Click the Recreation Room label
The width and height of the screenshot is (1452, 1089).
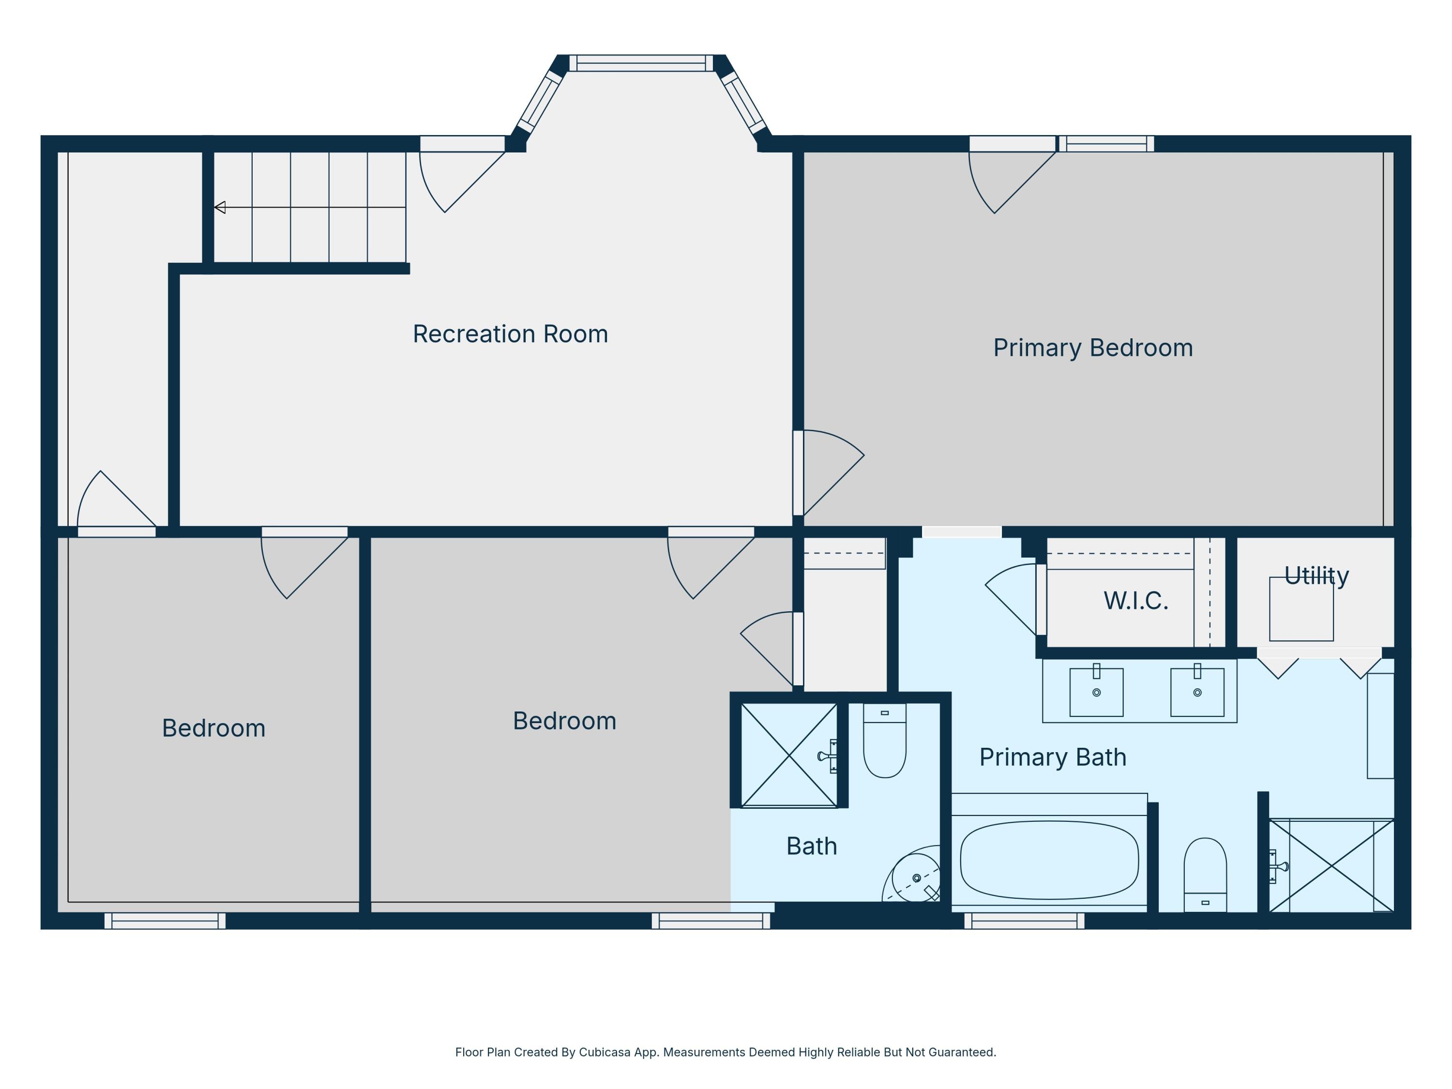(510, 334)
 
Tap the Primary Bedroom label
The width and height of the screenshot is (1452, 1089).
(1093, 348)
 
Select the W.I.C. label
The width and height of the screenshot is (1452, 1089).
(1135, 601)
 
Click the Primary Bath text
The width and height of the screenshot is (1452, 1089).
(1053, 757)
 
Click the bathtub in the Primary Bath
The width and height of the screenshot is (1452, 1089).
(1049, 860)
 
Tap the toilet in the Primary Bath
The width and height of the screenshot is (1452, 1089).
(1205, 875)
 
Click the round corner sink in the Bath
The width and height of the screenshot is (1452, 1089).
(916, 877)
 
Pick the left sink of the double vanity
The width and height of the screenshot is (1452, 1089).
(1096, 692)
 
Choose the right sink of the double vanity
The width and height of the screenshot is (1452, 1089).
(1197, 692)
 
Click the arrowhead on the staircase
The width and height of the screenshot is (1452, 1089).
(220, 208)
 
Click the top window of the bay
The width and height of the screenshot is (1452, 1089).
(641, 63)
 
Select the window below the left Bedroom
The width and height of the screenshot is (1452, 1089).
(165, 921)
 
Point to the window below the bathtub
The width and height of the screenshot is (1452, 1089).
(1024, 921)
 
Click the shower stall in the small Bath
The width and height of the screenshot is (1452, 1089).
(789, 755)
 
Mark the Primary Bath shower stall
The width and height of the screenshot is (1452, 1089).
(1331, 865)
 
